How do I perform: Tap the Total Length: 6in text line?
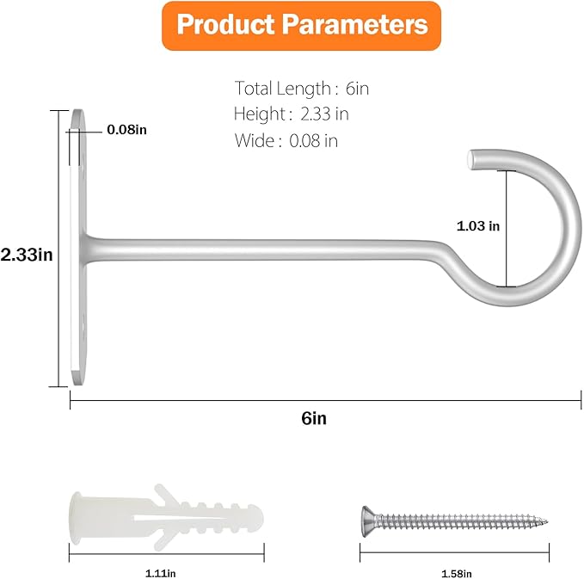[x=302, y=88]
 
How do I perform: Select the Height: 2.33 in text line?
[x=291, y=114]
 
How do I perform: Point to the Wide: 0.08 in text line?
[x=286, y=140]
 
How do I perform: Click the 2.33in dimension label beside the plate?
[x=27, y=255]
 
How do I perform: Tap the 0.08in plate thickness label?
[x=127, y=130]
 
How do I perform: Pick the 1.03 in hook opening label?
[x=477, y=226]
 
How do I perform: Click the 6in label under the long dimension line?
[x=314, y=419]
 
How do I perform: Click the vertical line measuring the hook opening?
[x=507, y=227]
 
